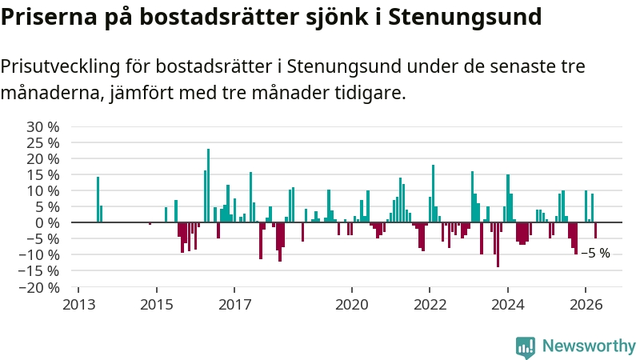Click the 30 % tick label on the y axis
[x=43, y=127]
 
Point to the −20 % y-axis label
[x=39, y=287]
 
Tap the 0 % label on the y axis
[x=47, y=223]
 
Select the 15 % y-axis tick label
[x=43, y=175]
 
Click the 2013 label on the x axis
[x=78, y=305]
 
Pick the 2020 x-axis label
[x=352, y=305]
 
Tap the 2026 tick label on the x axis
[x=586, y=305]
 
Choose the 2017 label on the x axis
[x=234, y=305]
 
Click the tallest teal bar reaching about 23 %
[x=208, y=186]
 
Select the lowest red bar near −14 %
[x=498, y=245]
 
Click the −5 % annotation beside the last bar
[x=595, y=254]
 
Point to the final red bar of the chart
[x=595, y=230]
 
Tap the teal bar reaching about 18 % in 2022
[x=433, y=194]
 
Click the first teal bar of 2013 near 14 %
[x=98, y=199]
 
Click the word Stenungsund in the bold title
[x=465, y=17]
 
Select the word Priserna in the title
[x=49, y=16]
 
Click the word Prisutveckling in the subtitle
[x=61, y=66]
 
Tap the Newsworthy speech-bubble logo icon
[x=526, y=347]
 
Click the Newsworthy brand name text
[x=589, y=346]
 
